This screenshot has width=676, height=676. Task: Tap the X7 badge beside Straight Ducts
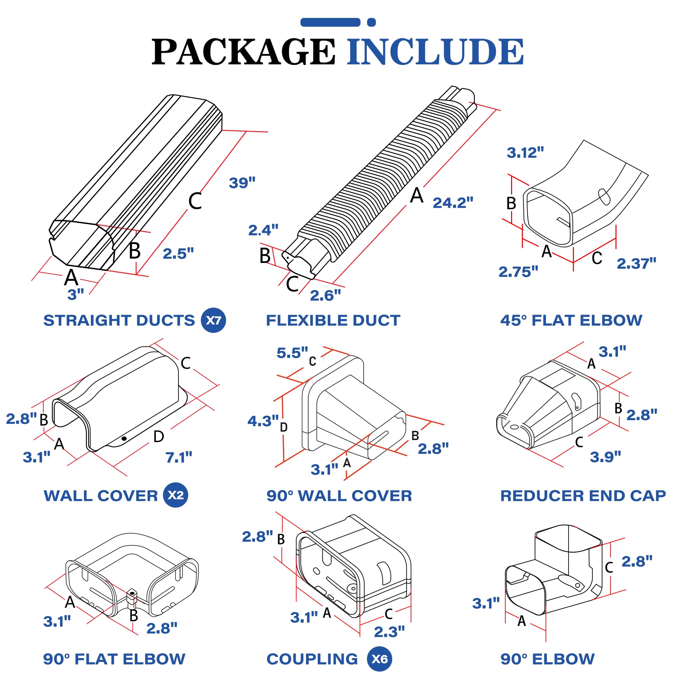tap(213, 320)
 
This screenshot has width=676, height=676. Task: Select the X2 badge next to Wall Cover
tap(175, 495)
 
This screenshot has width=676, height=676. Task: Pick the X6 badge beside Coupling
tap(379, 659)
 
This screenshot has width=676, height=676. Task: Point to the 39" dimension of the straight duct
tap(242, 183)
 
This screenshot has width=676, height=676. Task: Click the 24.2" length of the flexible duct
tap(453, 202)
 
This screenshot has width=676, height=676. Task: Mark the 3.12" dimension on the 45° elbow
tap(525, 152)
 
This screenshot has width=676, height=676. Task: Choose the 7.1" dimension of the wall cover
tap(179, 457)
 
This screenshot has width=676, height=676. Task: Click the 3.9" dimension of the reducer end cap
tap(605, 457)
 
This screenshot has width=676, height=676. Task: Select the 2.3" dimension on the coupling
tap(389, 632)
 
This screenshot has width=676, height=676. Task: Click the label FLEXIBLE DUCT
tap(333, 320)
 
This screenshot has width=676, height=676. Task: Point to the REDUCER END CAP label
tap(583, 496)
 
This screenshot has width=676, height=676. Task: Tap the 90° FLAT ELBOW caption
tap(114, 659)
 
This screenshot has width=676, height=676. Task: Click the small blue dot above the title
tap(371, 22)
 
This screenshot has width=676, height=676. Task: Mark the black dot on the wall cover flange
tap(124, 438)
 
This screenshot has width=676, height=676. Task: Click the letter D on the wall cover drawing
tap(159, 436)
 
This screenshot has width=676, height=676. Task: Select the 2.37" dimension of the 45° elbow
tap(636, 264)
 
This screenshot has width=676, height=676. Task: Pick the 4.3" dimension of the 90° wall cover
tap(263, 421)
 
